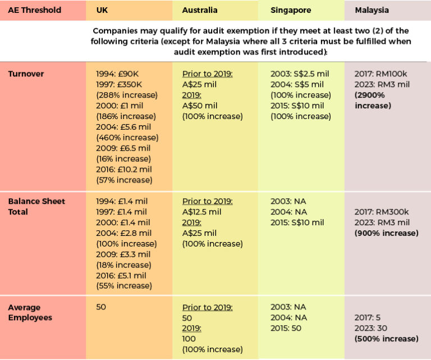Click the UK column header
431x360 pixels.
(102, 10)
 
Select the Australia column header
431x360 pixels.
(199, 10)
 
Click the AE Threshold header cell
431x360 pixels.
(35, 10)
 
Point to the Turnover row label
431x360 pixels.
(26, 74)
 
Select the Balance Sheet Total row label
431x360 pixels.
(36, 206)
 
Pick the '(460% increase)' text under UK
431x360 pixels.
(127, 138)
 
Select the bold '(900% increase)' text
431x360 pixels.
(386, 233)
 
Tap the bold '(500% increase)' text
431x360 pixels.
(386, 339)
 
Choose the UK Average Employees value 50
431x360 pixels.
(101, 307)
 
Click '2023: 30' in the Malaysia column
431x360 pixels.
(371, 328)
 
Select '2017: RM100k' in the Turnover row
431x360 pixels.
(380, 74)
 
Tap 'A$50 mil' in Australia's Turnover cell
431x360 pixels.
(200, 106)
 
